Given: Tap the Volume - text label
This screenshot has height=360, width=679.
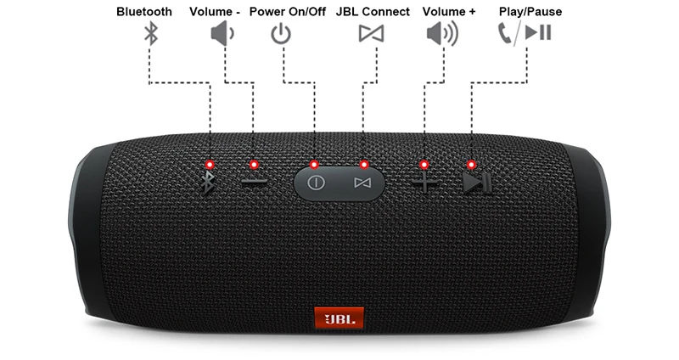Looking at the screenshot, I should pos(215,12).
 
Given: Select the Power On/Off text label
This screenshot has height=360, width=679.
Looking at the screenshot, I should pos(288,12).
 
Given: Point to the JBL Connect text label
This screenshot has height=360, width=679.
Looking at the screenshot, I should pos(373,12).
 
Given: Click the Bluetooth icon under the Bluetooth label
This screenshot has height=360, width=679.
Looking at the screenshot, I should pos(150,34).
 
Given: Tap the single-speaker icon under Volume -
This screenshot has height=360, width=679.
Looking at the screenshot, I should pos(222,34).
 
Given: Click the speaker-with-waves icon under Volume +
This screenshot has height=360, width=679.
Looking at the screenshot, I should pos(441,34).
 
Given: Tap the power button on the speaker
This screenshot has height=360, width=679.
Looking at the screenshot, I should pos(316,183).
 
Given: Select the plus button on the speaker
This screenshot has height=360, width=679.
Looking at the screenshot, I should pos(424,183).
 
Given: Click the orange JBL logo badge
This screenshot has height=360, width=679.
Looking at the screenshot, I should pos(339,318).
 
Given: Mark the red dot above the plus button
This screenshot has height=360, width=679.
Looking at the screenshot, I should pos(424,164).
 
